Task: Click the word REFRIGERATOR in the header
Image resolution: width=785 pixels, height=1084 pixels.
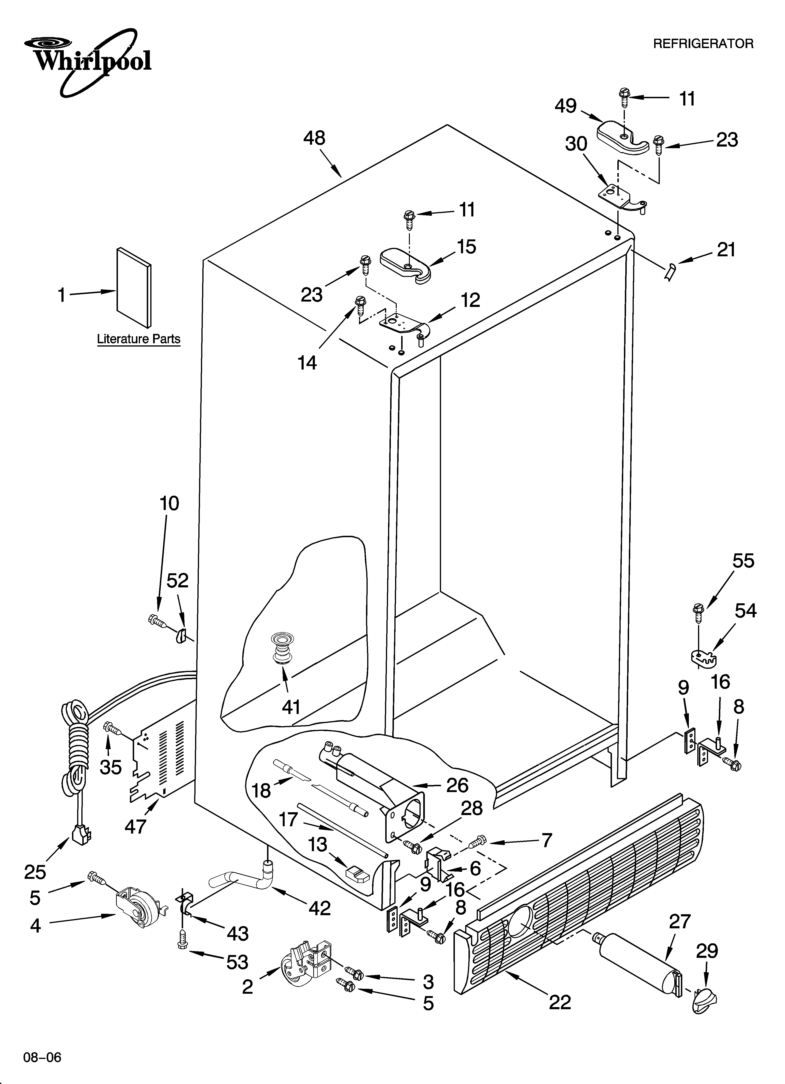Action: pos(703,44)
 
